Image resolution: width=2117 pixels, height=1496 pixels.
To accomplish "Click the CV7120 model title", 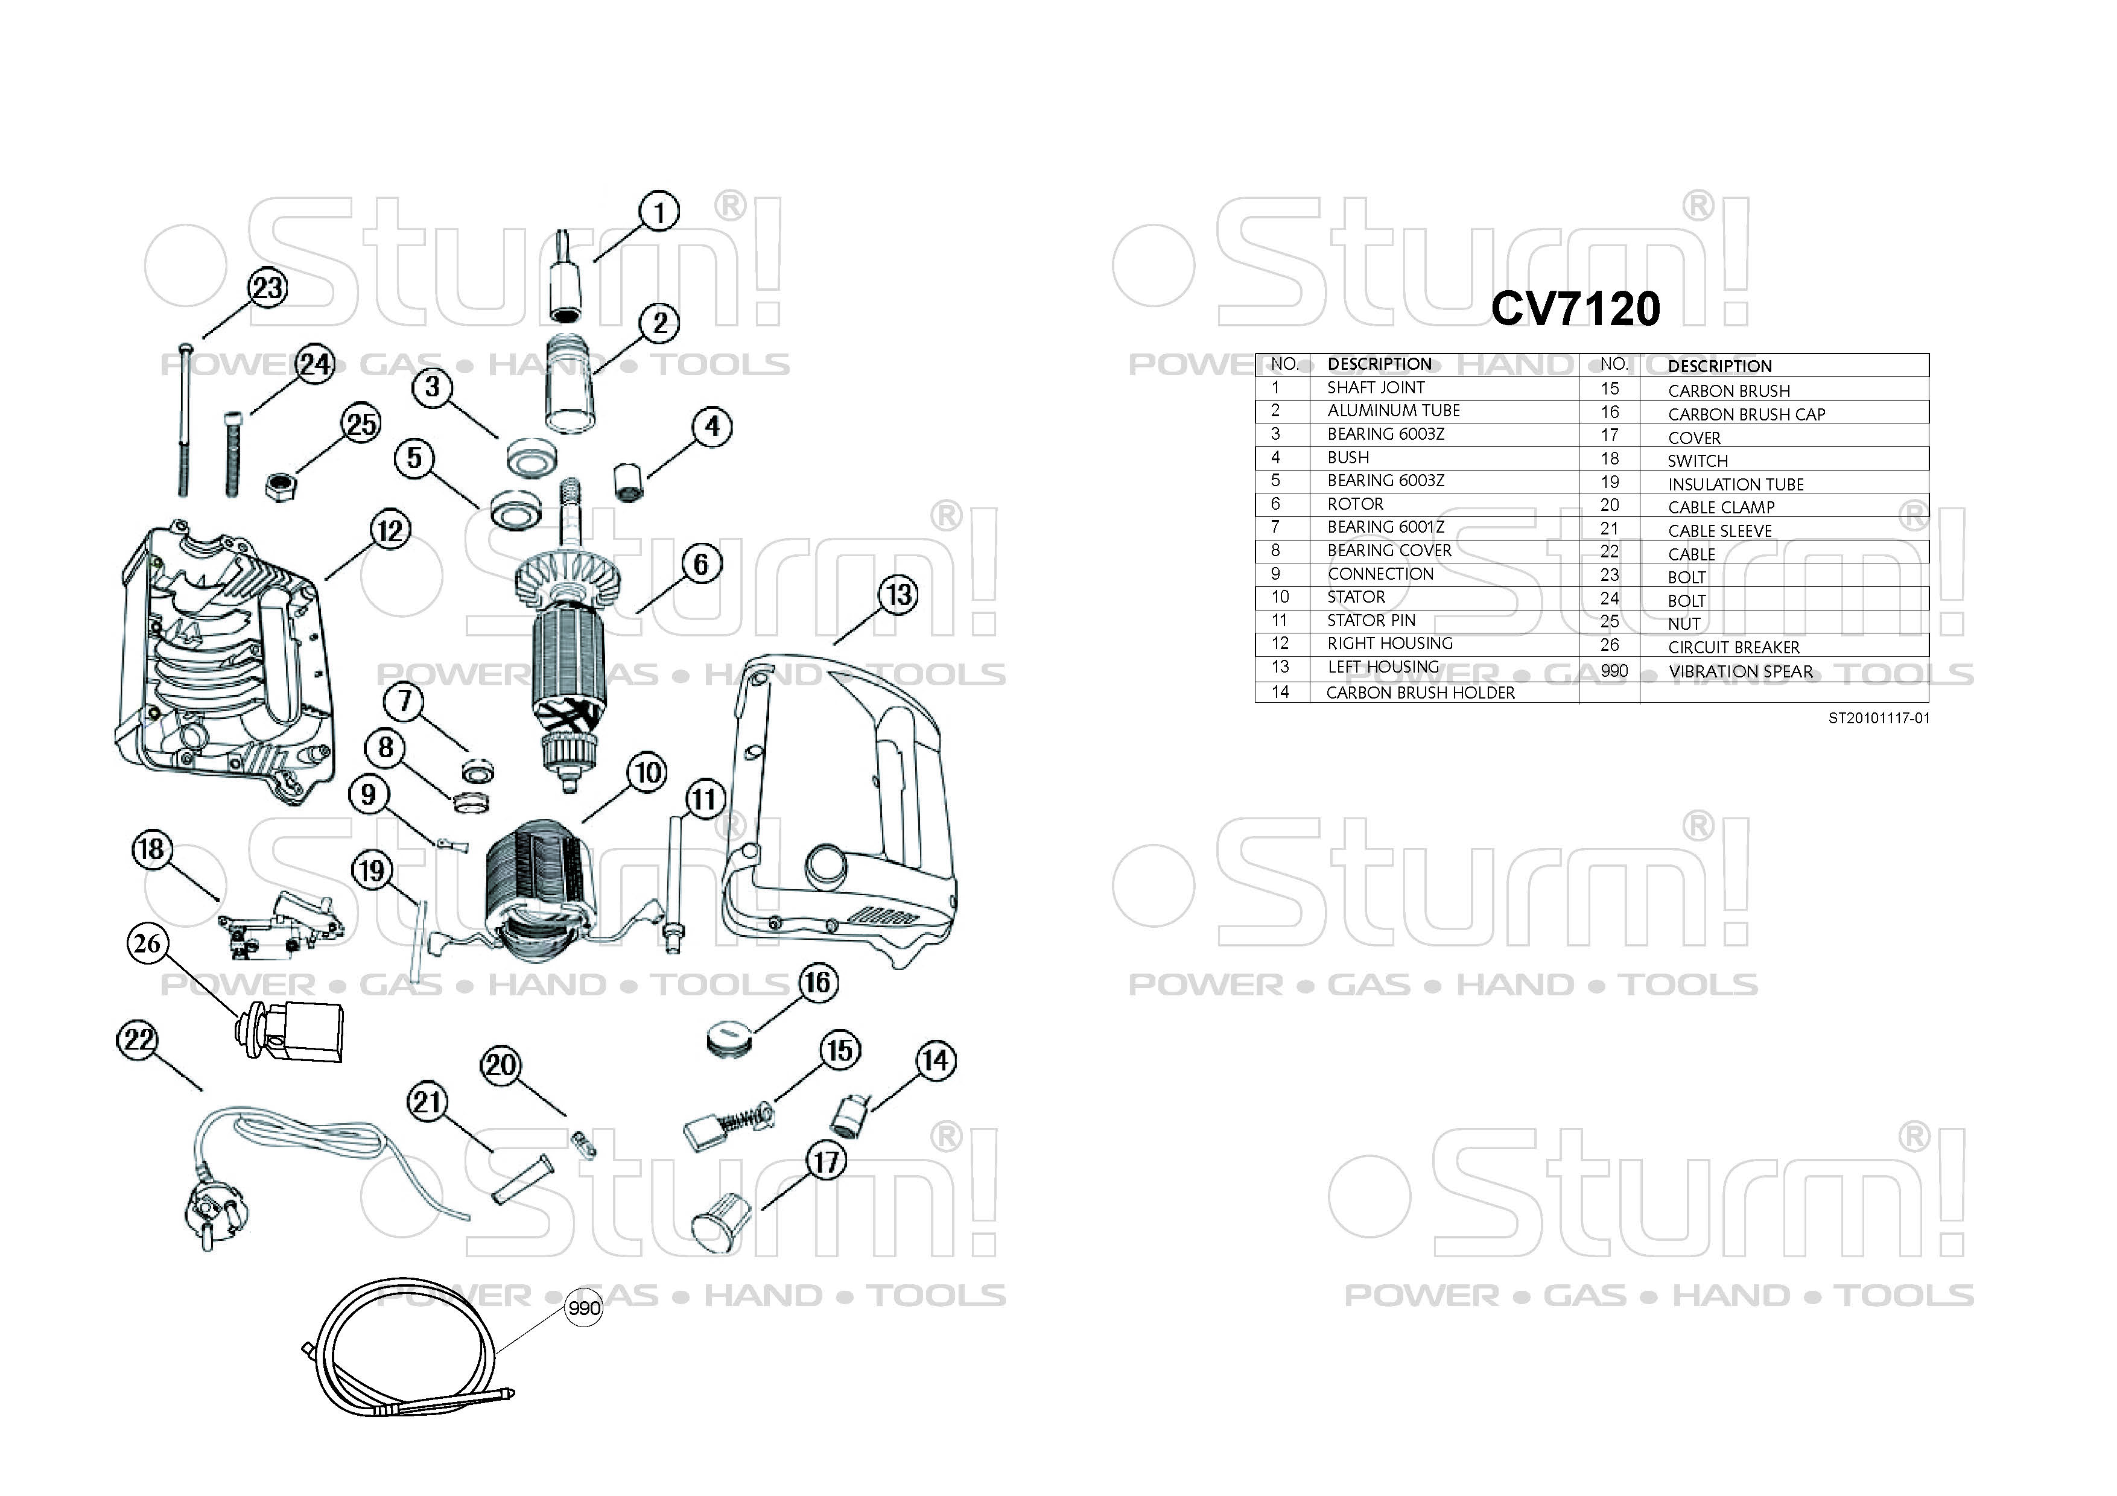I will click(x=1575, y=309).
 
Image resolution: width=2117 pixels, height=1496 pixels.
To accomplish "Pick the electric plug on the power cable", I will click(x=214, y=1218).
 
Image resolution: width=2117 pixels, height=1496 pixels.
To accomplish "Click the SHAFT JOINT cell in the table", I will click(x=1376, y=388).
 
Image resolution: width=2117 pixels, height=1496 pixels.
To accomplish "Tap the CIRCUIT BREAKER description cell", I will click(x=1733, y=648).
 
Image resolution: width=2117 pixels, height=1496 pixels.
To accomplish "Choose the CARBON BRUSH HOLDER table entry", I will click(x=1420, y=693).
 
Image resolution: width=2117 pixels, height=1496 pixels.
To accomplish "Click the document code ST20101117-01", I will click(x=1878, y=718).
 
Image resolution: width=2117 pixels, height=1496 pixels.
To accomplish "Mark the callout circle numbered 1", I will click(x=659, y=212).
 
